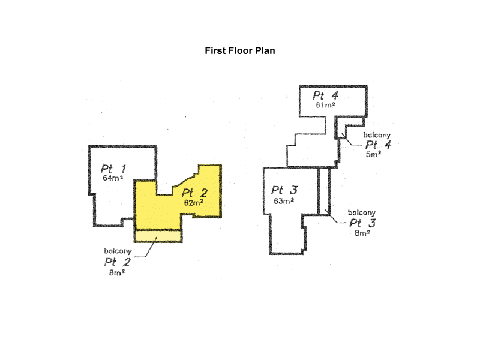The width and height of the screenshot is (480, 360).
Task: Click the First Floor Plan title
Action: tap(240, 51)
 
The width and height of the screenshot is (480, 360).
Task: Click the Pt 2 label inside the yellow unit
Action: tap(195, 193)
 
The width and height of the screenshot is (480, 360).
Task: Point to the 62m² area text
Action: tap(193, 202)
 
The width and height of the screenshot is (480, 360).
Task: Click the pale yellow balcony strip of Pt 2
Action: tap(157, 236)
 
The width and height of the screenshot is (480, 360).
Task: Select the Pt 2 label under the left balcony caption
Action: tap(118, 262)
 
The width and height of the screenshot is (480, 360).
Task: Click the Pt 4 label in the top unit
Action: tap(326, 95)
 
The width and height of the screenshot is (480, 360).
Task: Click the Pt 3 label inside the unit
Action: tap(284, 191)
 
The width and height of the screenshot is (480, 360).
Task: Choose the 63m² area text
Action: tap(283, 201)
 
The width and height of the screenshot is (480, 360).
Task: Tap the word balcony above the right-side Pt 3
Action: tap(362, 212)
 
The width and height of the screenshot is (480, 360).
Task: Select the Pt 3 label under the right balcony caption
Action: tap(362, 223)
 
